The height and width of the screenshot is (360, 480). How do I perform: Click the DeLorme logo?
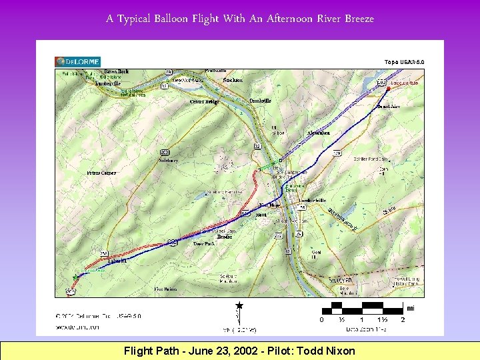tap(77, 62)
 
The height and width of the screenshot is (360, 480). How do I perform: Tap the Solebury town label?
tap(168, 161)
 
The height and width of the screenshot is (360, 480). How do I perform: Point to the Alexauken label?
tap(318, 133)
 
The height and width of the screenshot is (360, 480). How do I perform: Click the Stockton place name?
tap(233, 80)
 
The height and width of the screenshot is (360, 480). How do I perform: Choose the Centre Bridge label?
tap(204, 102)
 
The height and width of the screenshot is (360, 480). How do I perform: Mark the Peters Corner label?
tap(101, 173)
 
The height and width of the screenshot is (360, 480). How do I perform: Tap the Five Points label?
tap(165, 289)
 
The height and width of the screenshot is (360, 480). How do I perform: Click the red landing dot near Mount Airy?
tap(387, 88)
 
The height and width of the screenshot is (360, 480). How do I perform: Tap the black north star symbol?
tap(239, 305)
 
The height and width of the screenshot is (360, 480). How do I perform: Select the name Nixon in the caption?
tap(340, 351)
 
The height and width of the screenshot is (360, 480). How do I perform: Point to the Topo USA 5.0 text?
tap(404, 62)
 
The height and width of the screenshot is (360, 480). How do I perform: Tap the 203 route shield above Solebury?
tap(165, 152)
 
